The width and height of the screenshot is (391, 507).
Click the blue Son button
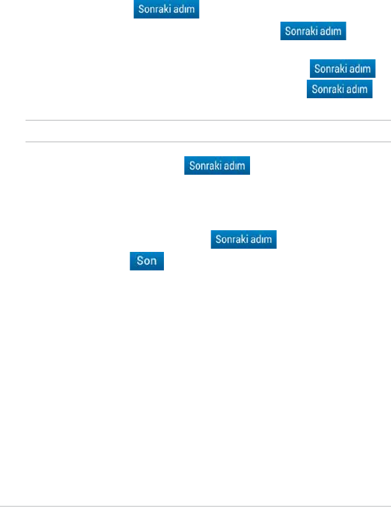(147, 261)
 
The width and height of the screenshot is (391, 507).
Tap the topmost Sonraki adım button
(166, 10)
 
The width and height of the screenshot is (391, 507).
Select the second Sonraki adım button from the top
(314, 30)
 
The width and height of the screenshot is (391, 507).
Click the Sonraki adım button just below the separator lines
(218, 166)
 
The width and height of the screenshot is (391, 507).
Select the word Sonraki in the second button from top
(303, 30)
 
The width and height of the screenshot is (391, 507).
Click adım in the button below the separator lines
(233, 166)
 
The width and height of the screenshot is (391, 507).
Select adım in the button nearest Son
(261, 240)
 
